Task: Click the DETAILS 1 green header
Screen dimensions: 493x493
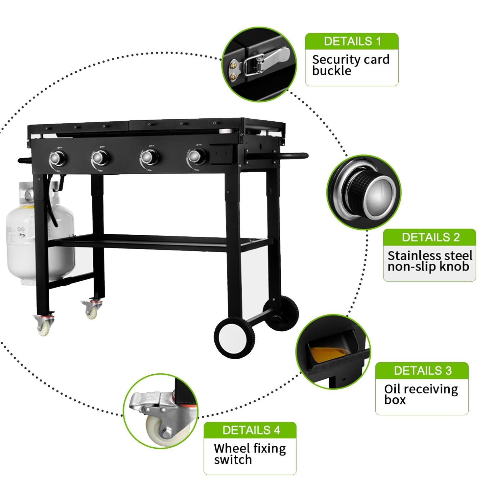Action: (352, 41)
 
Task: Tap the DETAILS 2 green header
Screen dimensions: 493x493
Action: (429, 237)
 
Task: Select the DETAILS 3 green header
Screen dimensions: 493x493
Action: (422, 371)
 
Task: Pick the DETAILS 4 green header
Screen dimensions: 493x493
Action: (250, 430)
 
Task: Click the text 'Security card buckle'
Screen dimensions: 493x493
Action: (350, 65)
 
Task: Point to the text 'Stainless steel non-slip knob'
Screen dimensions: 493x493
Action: (429, 261)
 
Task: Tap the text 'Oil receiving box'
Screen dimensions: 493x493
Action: (421, 394)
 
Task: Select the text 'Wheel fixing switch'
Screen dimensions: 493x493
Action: (249, 454)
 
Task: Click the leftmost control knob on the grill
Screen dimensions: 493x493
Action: (59, 158)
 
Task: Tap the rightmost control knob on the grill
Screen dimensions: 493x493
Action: (198, 156)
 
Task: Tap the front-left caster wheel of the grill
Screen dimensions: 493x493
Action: (43, 325)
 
